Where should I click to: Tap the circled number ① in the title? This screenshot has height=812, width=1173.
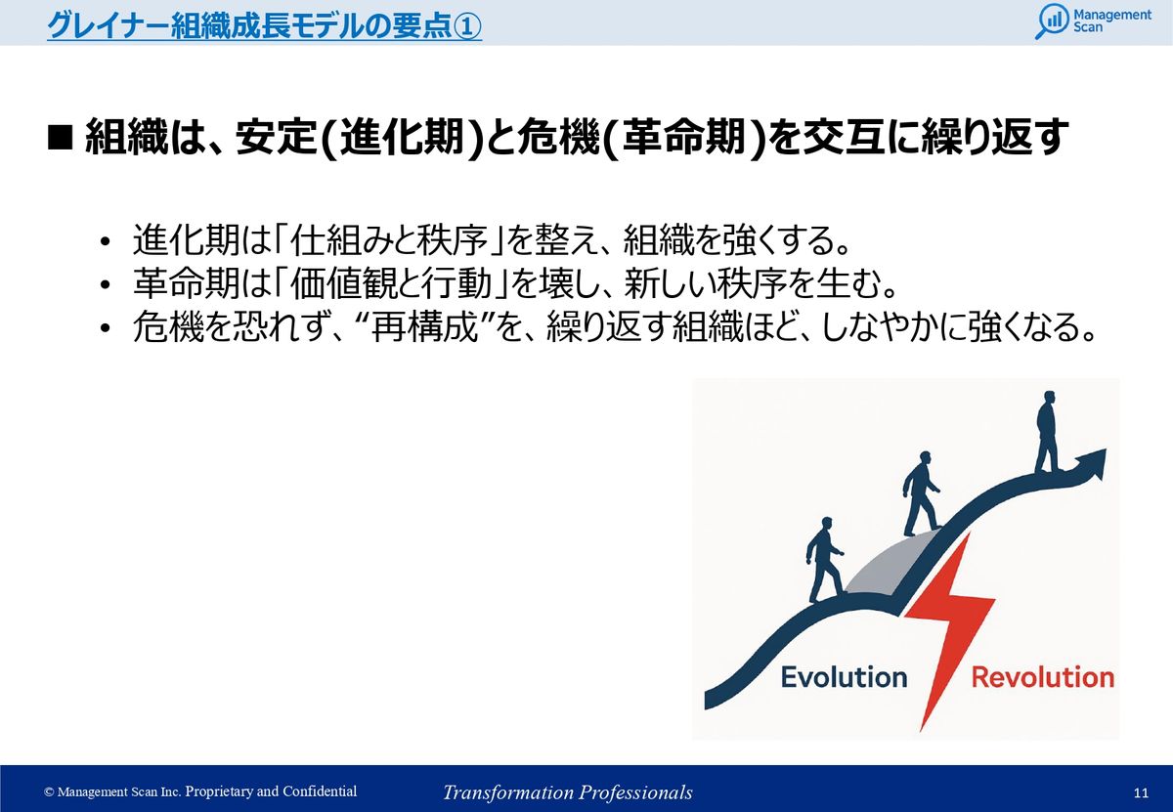(x=466, y=25)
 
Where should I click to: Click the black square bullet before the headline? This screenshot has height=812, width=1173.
(x=60, y=138)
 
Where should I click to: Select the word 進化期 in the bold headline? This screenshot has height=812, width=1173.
(x=403, y=138)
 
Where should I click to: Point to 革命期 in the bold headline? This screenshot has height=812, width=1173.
(x=684, y=138)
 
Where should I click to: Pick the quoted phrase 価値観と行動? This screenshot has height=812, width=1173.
(x=390, y=283)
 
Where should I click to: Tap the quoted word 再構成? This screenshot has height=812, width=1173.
(x=425, y=327)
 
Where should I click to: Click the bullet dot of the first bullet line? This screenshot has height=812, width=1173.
(x=106, y=242)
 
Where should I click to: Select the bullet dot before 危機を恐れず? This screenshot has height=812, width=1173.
(x=106, y=328)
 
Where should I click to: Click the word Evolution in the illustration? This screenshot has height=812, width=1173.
(x=844, y=677)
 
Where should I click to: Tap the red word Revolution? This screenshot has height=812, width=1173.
(x=1043, y=677)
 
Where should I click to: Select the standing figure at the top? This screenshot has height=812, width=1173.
(x=1047, y=431)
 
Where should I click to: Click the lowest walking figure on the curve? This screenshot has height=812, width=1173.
(x=824, y=559)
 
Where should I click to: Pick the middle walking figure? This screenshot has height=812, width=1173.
(x=921, y=493)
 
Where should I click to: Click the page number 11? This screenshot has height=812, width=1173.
(x=1141, y=792)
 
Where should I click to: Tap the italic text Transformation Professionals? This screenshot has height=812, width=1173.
(x=568, y=792)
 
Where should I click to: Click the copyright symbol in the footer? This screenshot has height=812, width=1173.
(x=49, y=791)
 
